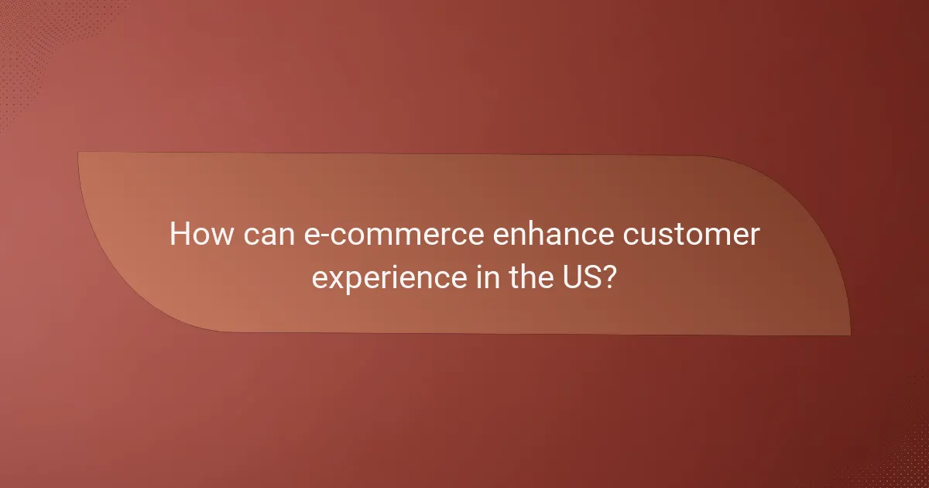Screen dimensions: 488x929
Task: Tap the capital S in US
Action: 592,275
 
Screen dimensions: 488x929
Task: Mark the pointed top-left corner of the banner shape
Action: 79,153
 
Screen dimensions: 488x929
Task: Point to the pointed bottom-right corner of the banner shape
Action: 849,335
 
